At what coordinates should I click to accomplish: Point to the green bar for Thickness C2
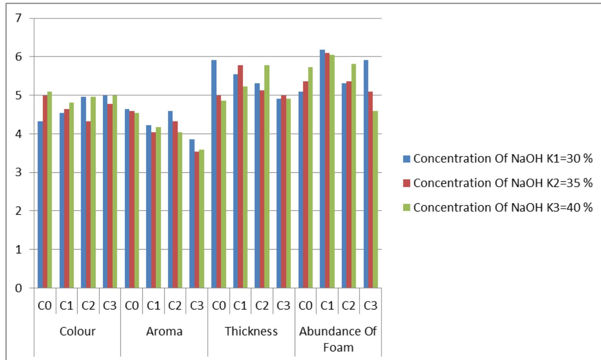pyautogui.click(x=267, y=176)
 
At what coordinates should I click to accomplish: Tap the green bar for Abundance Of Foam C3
pyautogui.click(x=375, y=199)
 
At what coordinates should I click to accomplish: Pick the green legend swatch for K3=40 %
pyautogui.click(x=407, y=208)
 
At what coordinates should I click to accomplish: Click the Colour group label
pyautogui.click(x=77, y=331)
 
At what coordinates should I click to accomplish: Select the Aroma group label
pyautogui.click(x=164, y=331)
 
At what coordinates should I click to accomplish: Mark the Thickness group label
pyautogui.click(x=251, y=331)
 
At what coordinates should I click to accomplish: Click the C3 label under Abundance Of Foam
pyautogui.click(x=370, y=306)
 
